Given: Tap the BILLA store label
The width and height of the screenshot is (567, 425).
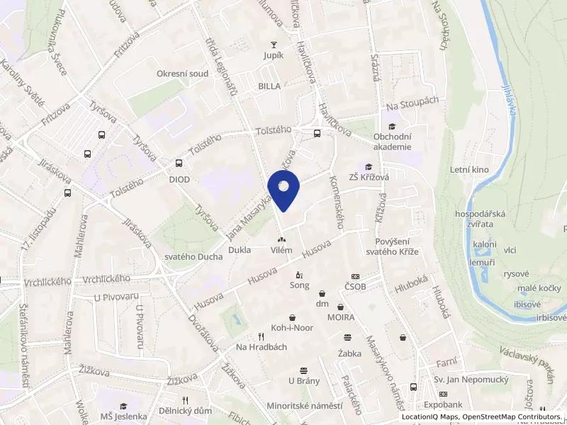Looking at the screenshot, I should click(269, 86).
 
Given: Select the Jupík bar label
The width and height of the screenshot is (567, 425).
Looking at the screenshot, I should click(273, 55).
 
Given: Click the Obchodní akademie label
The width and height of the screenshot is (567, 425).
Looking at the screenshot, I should click(392, 142).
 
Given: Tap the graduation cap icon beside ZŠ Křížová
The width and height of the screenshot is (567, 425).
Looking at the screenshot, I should click(368, 166).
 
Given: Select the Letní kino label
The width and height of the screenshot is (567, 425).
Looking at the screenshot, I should click(469, 170).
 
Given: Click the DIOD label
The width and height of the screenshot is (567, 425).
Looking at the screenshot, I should click(179, 180).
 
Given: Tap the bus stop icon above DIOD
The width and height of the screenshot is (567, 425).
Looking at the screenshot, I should click(179, 164).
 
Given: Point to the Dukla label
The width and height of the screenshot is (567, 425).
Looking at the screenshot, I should click(239, 250).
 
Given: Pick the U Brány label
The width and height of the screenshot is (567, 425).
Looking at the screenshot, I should click(303, 380).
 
